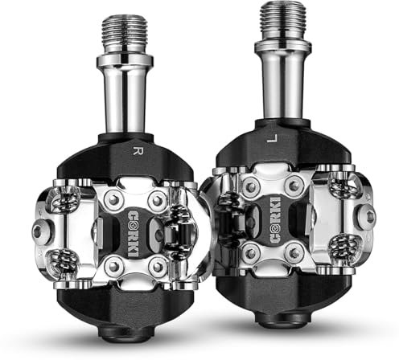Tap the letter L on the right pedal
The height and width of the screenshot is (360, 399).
(x=272, y=139)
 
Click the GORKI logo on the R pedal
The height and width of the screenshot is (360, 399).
(x=134, y=234)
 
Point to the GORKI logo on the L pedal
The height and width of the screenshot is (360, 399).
(x=275, y=220)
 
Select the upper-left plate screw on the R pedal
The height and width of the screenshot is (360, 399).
(x=113, y=200)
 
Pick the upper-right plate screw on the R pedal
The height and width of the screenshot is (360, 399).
(x=158, y=200)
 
